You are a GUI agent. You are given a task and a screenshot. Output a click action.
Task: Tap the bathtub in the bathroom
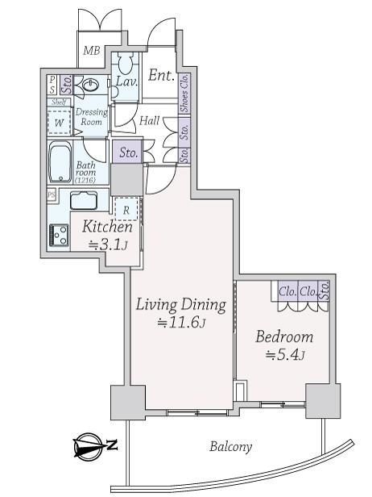point(60,162)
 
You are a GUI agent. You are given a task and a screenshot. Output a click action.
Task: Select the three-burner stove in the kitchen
point(59,235)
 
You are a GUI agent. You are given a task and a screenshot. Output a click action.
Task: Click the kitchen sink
point(84,200)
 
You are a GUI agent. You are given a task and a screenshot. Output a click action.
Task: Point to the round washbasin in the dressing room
point(92,85)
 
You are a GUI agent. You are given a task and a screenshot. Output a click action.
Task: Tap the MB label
point(92,50)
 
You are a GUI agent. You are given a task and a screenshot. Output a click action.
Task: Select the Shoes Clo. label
point(184,93)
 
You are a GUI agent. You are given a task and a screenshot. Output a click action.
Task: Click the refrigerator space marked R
point(126,209)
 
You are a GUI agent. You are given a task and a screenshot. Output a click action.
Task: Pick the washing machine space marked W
point(59,123)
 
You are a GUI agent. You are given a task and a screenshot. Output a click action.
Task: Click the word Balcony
point(230,447)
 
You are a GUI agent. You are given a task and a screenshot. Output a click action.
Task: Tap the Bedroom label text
point(284,336)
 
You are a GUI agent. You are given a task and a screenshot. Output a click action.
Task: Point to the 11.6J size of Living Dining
point(183,323)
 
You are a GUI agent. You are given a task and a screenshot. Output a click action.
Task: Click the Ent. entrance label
point(161,75)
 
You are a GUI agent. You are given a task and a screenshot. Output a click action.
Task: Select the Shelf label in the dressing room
point(59,102)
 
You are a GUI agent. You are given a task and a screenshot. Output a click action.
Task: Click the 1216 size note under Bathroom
point(85,181)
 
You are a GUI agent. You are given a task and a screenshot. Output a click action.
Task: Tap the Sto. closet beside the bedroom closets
point(324,290)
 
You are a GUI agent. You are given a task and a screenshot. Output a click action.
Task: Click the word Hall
point(149,120)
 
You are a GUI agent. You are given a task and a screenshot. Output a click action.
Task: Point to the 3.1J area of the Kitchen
point(109,244)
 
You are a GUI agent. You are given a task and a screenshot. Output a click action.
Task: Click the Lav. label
point(127,81)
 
